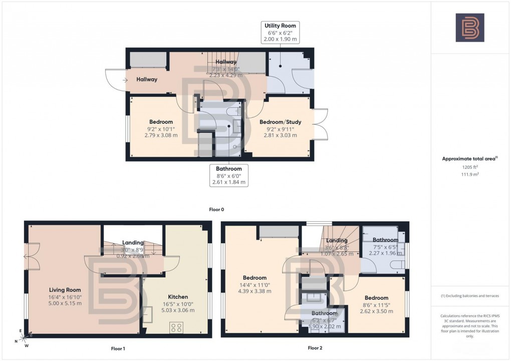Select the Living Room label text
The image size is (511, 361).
click(x=65, y=290)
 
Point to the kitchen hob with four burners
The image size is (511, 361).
click(x=176, y=327)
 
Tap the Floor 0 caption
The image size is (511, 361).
click(x=216, y=209)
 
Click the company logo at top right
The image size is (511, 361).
click(x=469, y=28)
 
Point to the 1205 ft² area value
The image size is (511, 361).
click(x=469, y=166)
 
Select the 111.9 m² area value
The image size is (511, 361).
click(x=469, y=173)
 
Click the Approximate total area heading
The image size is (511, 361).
click(x=469, y=159)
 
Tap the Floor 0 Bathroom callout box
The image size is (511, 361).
click(x=229, y=176)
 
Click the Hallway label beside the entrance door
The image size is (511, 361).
click(x=147, y=79)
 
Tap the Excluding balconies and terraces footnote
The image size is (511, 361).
click(x=469, y=296)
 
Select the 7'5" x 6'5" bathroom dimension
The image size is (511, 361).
click(x=385, y=246)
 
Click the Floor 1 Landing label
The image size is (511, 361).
click(x=133, y=243)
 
